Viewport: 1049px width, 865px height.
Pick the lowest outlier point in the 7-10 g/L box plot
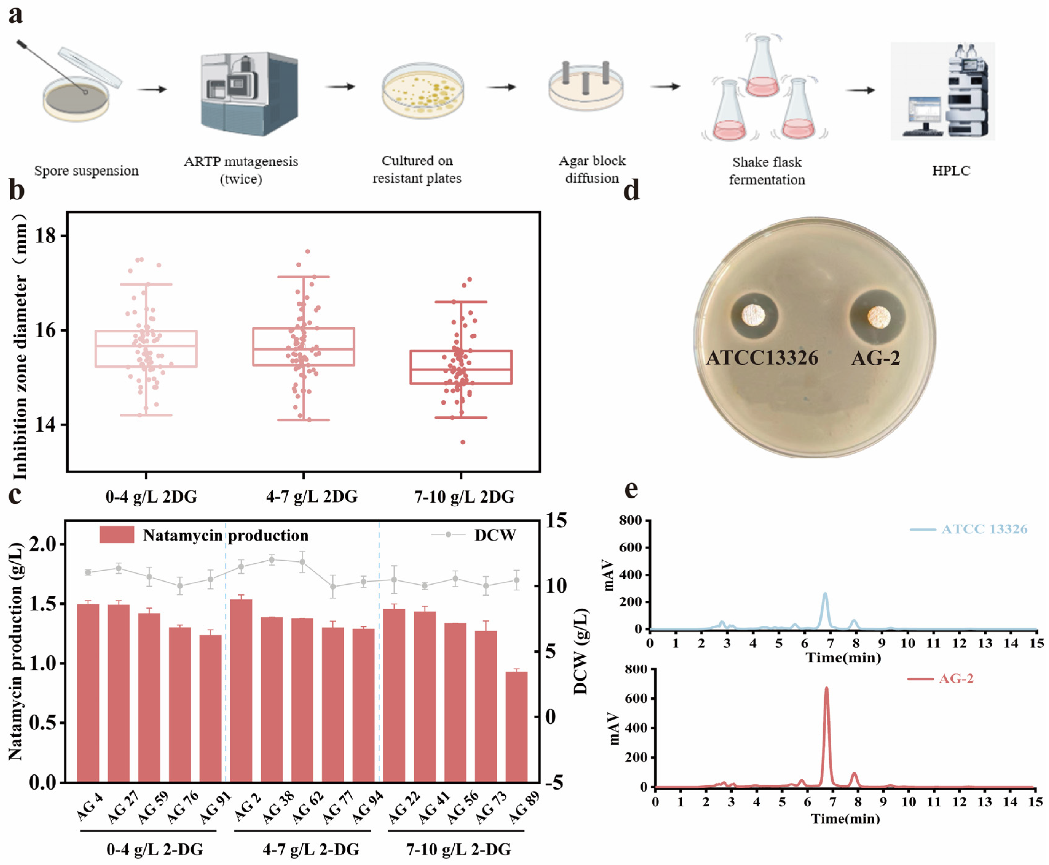[463, 442]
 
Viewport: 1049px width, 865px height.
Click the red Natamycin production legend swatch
[116, 535]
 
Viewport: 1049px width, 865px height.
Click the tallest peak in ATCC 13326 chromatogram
[825, 594]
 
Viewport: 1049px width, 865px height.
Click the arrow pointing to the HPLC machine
[860, 90]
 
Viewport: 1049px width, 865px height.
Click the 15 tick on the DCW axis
[556, 521]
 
